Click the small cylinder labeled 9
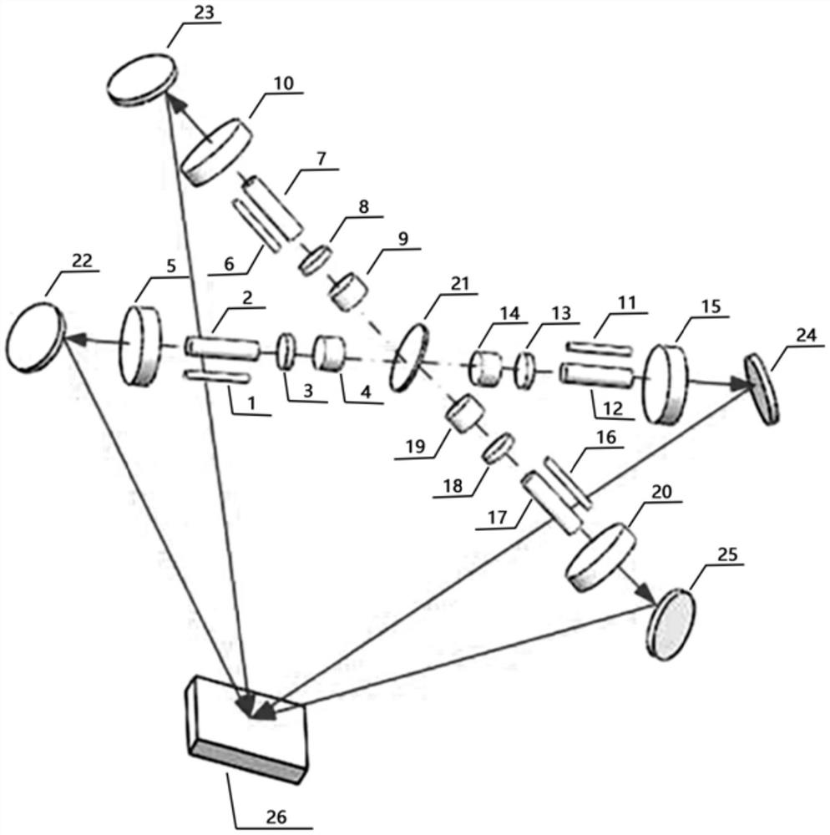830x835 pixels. click(348, 289)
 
